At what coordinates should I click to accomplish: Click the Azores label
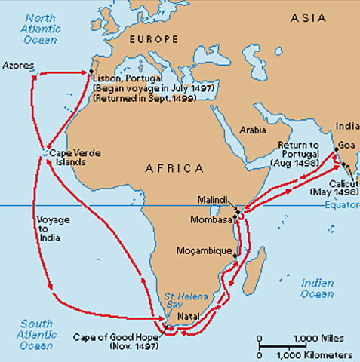coord(19,66)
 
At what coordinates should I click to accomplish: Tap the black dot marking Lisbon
coord(91,72)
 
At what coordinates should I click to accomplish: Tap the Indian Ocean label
coord(317,288)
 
